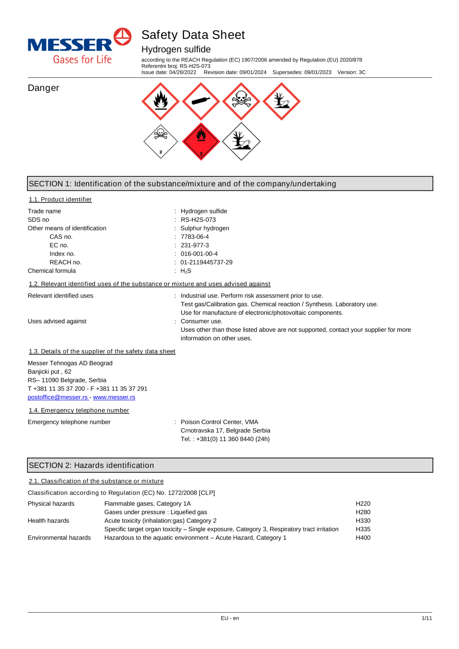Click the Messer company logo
point(79,46)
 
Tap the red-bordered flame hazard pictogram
point(161,101)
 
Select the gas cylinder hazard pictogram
point(201,101)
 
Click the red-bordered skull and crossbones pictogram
point(241,101)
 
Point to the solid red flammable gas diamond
point(201,141)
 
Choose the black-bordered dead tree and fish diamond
point(241,141)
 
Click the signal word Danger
point(44,88)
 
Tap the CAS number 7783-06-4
point(195,237)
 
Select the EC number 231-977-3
point(195,246)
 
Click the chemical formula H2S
point(186,271)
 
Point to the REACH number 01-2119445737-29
point(207,263)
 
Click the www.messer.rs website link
point(114,397)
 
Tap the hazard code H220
point(363,504)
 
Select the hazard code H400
point(363,538)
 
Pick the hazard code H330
point(363,521)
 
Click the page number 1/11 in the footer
point(427,618)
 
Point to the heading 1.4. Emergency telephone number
point(79,410)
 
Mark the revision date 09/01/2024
point(252,73)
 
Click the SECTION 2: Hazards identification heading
point(92,465)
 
